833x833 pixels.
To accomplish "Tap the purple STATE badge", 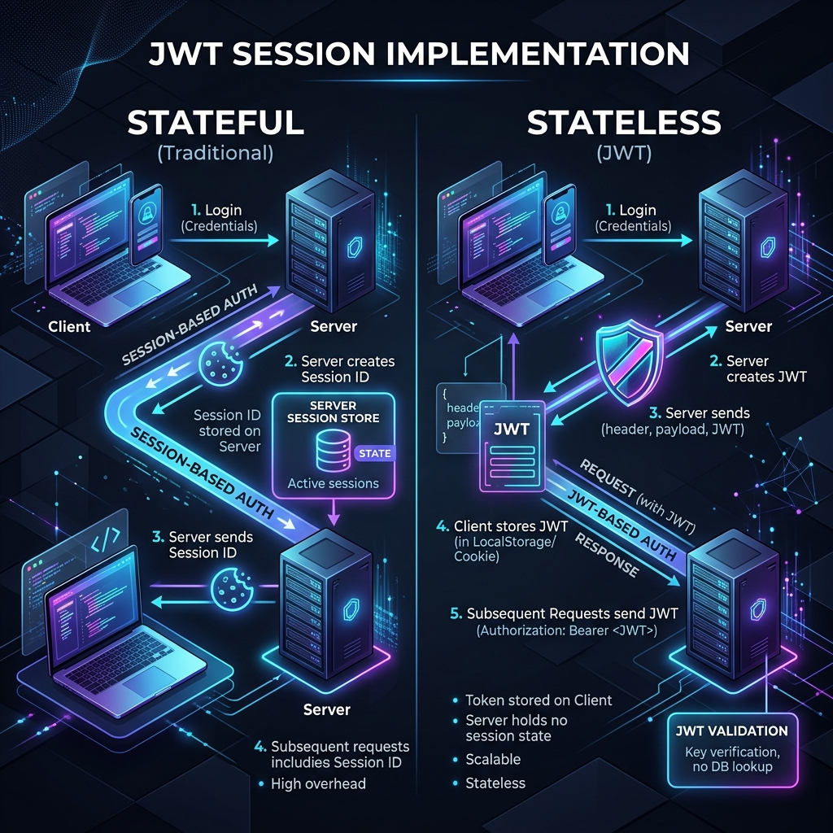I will click(374, 453).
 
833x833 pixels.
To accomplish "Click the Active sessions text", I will click(334, 483).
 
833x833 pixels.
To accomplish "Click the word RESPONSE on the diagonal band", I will click(607, 555).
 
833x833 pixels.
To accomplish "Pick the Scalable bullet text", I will click(493, 759).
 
